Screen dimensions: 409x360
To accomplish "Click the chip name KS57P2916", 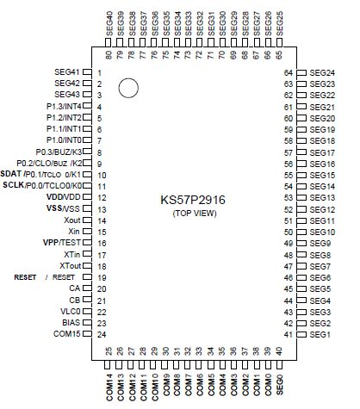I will pos(193,199).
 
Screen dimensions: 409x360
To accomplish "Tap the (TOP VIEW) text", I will pos(193,212).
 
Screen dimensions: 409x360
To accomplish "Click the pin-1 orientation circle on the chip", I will pos(129,87).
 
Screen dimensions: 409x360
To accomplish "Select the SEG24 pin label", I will pos(322,72).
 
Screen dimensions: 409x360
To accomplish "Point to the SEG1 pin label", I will pos(320,334).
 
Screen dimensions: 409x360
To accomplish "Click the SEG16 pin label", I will pos(322,164).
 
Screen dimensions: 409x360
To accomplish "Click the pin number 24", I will pos(100,334).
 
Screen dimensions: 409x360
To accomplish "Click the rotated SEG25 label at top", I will pos(279,21).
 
